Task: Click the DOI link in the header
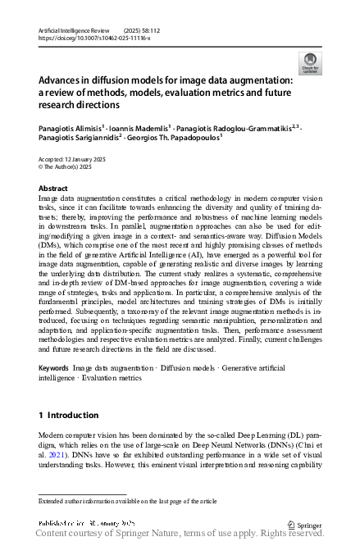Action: (x=94, y=37)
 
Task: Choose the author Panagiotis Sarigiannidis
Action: (x=80, y=139)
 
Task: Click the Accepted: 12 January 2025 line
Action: (x=75, y=157)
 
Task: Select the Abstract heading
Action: (x=53, y=188)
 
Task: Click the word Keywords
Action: (x=53, y=368)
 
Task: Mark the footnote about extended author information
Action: (x=127, y=500)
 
